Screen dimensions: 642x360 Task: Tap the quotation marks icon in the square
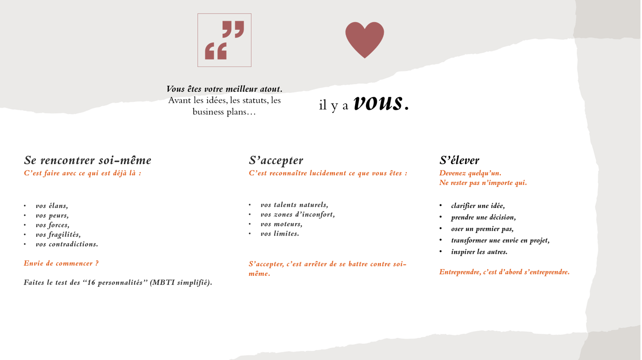pos(224,40)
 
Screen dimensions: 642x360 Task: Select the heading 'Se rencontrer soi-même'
pos(87,161)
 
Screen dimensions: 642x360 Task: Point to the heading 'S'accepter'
pos(276,161)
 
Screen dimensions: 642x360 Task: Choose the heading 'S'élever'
pos(459,161)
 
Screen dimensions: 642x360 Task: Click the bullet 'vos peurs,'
pos(52,215)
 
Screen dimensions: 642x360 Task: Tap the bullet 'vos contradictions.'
pos(67,244)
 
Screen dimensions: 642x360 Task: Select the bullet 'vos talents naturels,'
pos(295,205)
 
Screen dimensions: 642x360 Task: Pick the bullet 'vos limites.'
pos(280,234)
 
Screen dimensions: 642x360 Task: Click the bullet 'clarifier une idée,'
pos(478,206)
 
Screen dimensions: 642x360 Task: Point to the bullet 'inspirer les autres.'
pos(479,252)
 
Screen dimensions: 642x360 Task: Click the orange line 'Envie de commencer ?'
pos(62,263)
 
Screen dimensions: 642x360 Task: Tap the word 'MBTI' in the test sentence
pos(164,282)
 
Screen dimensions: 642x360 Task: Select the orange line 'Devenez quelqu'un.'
pos(471,173)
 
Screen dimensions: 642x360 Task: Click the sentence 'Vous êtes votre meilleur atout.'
pos(224,89)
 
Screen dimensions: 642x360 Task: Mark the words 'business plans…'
pos(224,112)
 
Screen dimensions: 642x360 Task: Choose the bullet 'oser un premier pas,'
pos(482,229)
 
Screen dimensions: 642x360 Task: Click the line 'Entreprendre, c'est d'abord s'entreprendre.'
pos(504,272)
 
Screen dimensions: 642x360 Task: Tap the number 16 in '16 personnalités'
pos(91,282)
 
